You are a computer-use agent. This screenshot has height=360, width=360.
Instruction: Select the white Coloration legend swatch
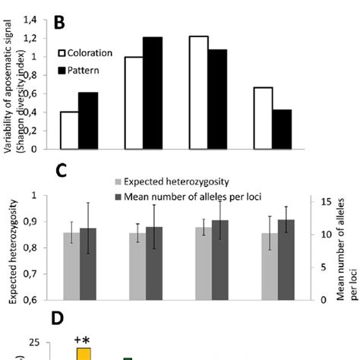pyautogui.click(x=64, y=54)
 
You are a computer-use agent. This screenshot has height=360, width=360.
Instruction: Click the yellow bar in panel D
pyautogui.click(x=84, y=353)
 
